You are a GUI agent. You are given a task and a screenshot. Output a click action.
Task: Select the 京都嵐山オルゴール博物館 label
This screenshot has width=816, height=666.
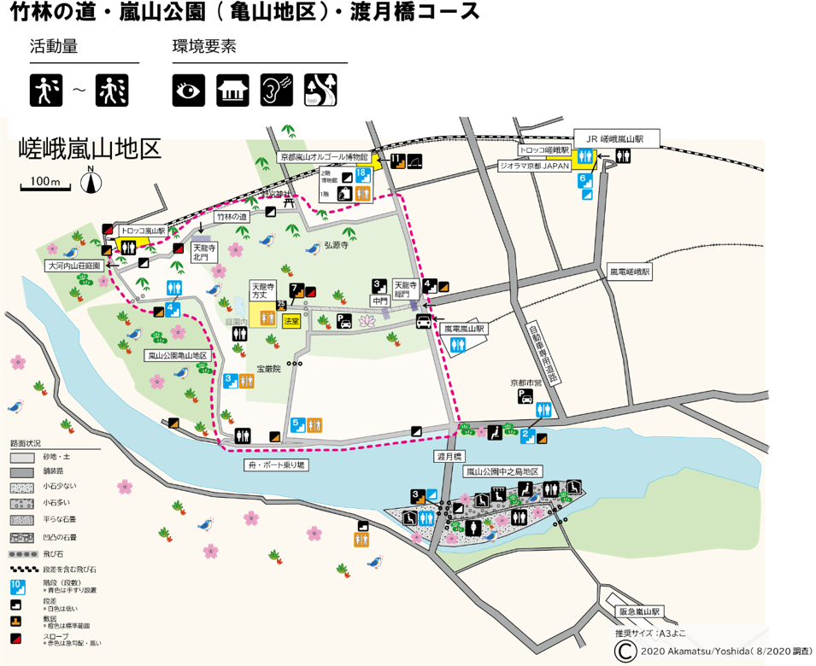[324, 158]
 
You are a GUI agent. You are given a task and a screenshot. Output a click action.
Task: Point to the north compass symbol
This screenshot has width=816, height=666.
[91, 182]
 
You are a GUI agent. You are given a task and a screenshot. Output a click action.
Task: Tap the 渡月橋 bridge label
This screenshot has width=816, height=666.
[449, 457]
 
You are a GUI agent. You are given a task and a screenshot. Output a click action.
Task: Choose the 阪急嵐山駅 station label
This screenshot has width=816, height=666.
[640, 611]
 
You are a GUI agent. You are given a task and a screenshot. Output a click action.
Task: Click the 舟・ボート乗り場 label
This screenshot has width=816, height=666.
[275, 465]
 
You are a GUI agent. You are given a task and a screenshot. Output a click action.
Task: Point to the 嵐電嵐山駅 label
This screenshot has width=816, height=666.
[464, 327]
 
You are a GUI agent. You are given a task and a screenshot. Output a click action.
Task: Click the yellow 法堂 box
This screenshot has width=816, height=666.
[291, 320]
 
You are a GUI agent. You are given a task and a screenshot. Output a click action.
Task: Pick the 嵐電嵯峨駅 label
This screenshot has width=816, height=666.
[630, 272]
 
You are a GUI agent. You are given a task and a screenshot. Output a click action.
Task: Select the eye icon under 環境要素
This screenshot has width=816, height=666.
[188, 90]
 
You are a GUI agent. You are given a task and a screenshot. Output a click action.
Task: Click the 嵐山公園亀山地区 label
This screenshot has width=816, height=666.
[177, 354]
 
